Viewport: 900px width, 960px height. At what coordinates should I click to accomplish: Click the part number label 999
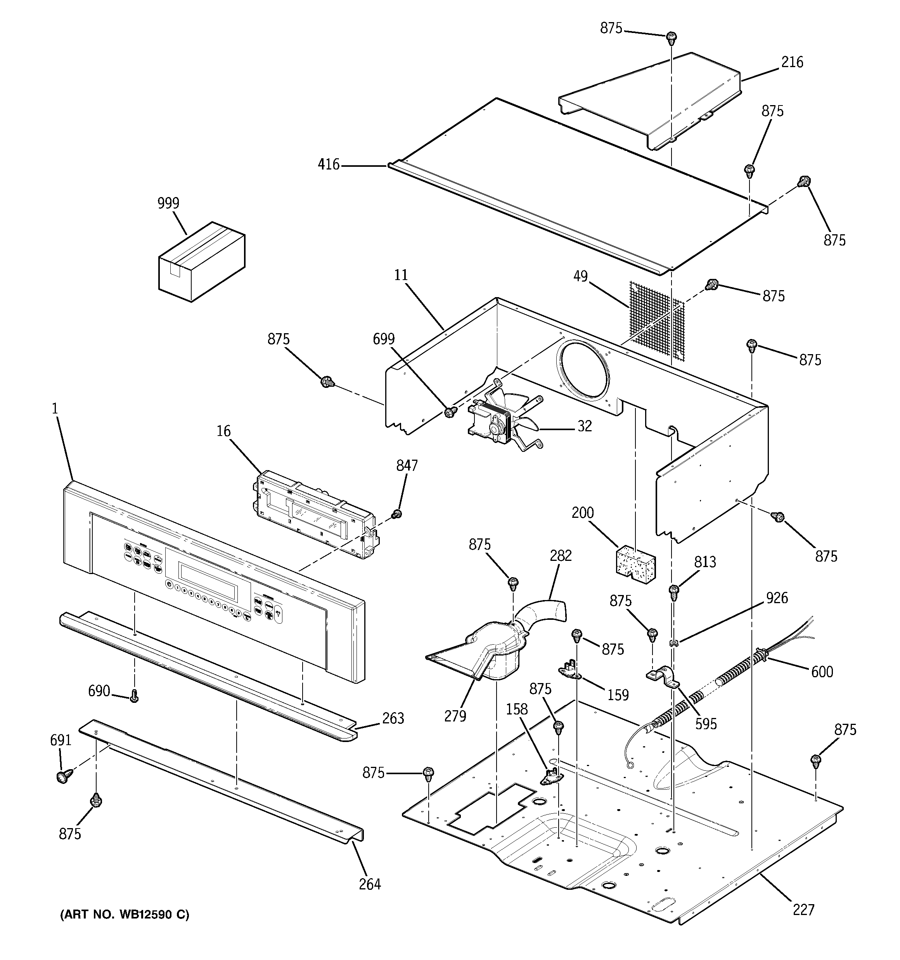pos(168,203)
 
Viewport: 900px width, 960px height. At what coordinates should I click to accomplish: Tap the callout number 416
pos(329,165)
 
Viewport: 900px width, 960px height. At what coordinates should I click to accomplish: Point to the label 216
pos(792,62)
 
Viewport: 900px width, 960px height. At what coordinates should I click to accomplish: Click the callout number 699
pos(384,339)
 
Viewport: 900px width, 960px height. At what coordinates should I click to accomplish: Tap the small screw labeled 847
pos(397,514)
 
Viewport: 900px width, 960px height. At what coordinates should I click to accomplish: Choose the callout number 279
pos(455,716)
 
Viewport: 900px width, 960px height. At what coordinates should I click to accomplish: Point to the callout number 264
pos(370,884)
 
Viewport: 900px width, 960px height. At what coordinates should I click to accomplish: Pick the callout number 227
pos(803,910)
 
